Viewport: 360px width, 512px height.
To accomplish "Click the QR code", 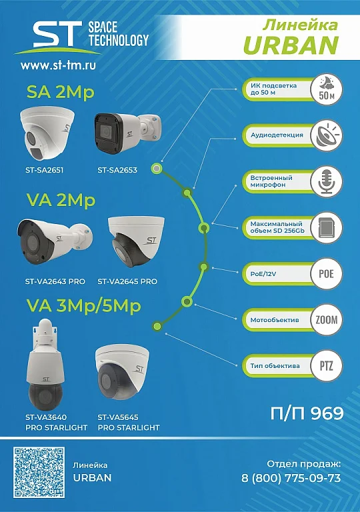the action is [x=39, y=473].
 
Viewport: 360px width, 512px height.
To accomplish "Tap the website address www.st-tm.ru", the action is [x=59, y=65].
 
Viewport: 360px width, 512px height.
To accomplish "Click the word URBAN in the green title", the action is [x=291, y=45].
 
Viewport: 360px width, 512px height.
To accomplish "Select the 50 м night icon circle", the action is [x=326, y=89].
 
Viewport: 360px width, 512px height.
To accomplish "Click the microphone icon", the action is [x=326, y=181].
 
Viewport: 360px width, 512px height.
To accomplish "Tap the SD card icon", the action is [x=326, y=227].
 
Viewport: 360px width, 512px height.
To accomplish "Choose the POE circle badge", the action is [x=326, y=273].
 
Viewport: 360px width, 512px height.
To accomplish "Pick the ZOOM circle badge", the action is [x=326, y=320].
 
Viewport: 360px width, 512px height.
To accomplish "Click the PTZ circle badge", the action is [x=326, y=366].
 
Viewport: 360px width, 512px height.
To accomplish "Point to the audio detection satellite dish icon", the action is [x=326, y=135].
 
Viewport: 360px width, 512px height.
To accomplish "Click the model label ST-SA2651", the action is [x=45, y=170].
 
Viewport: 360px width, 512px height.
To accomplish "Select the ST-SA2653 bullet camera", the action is [x=127, y=131].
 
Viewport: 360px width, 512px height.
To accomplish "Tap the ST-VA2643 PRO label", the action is [x=55, y=281].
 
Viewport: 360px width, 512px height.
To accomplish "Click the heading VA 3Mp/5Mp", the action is [x=83, y=306].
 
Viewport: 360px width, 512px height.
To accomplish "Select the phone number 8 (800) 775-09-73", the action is [x=291, y=478].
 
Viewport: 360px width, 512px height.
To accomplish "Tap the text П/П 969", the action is [x=307, y=413].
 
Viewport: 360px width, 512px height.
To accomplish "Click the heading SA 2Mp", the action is [x=61, y=92].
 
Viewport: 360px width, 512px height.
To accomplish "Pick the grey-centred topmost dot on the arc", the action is [x=157, y=169].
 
